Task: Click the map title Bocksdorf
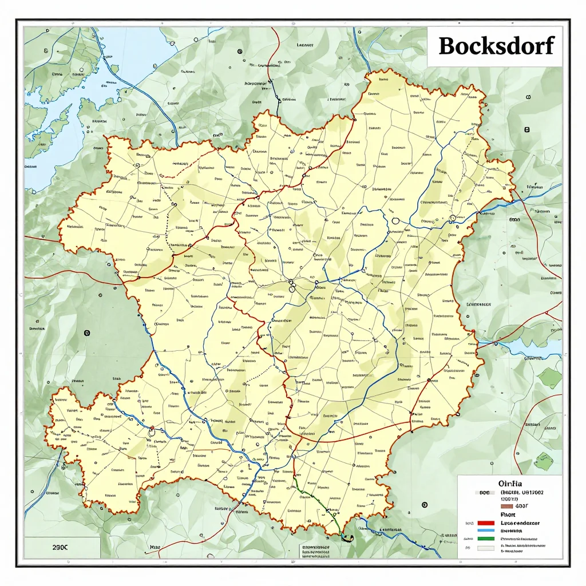coord(496,46)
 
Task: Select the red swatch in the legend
coord(486,523)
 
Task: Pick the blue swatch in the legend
coord(486,530)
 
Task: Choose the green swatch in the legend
coord(486,539)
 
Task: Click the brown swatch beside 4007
coord(507,506)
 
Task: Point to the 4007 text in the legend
coord(521,506)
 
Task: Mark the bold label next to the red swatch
coord(520,523)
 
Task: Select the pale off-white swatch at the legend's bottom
coord(486,548)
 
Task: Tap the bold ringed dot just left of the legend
coord(424,504)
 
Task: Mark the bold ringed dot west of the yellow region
coord(86,332)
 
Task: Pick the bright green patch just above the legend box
coord(544,461)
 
